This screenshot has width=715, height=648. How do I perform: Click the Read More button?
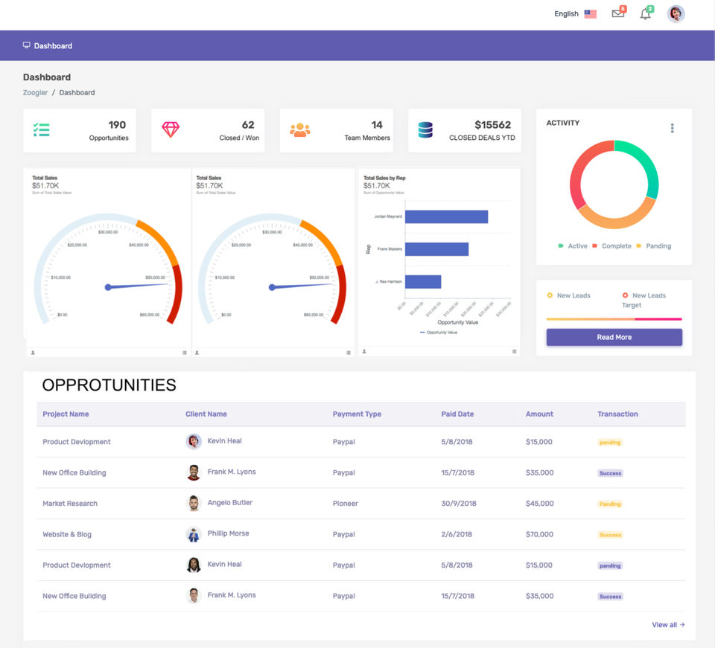(x=614, y=337)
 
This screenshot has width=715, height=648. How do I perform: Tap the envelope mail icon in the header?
(x=617, y=13)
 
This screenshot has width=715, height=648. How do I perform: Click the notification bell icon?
(x=645, y=14)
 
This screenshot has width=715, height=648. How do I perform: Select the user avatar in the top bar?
(x=676, y=13)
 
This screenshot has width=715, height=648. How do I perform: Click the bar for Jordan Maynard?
(x=446, y=216)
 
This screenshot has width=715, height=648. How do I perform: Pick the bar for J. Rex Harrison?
(x=423, y=282)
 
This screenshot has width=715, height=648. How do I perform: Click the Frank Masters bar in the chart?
(x=436, y=249)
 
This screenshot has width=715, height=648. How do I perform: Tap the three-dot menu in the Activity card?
(x=672, y=128)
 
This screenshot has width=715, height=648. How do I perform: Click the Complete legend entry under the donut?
(x=616, y=246)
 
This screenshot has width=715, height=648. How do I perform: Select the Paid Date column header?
(x=457, y=414)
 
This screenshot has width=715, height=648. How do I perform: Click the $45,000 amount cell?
(x=539, y=504)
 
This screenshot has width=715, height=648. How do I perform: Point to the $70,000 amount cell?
(x=539, y=534)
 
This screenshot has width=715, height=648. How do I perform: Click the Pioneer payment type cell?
(x=345, y=504)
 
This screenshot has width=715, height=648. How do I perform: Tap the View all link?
(x=668, y=625)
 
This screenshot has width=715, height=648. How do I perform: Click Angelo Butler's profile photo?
(x=194, y=503)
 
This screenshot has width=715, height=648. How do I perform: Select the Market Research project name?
(x=70, y=504)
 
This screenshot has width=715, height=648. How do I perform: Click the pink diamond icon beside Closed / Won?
(x=171, y=129)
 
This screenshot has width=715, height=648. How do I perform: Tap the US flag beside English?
(x=590, y=14)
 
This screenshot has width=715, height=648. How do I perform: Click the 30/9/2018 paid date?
(x=458, y=504)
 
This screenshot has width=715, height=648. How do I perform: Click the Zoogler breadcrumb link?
(x=35, y=93)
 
